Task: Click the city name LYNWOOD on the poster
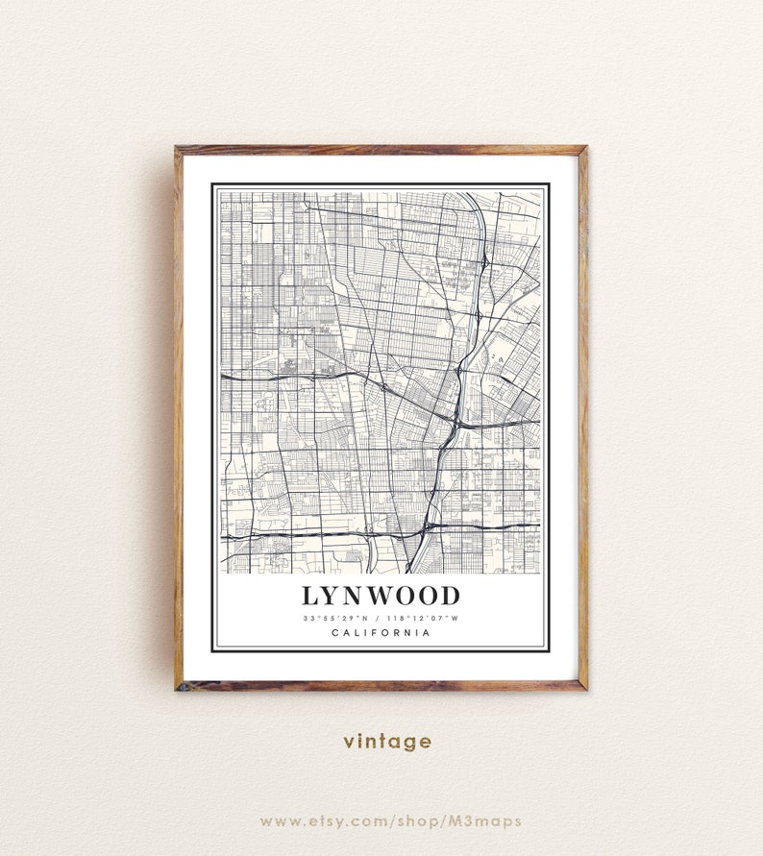tap(381, 596)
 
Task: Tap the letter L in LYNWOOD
tap(310, 596)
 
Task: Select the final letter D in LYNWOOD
tap(450, 596)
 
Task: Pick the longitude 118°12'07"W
tap(423, 618)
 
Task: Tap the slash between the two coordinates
tap(377, 618)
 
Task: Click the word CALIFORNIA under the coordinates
tap(381, 632)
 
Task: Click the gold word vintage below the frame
tap(388, 741)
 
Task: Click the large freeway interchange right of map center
tap(455, 419)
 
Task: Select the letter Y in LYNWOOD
tap(332, 596)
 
